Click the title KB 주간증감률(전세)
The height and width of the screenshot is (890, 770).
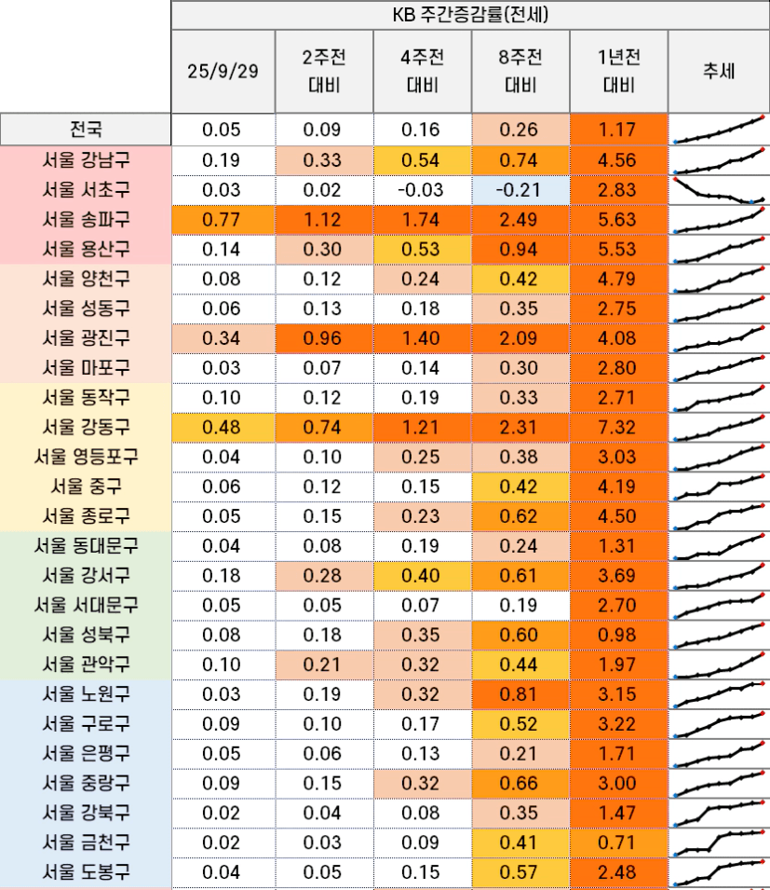click(x=470, y=15)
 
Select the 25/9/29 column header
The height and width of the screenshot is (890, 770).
click(x=223, y=72)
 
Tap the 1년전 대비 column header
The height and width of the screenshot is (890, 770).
click(x=616, y=72)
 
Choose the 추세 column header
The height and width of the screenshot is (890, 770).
click(x=719, y=72)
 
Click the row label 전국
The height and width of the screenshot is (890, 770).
click(x=86, y=130)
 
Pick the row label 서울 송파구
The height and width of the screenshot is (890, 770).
click(x=86, y=219)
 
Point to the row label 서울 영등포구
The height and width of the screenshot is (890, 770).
click(x=86, y=457)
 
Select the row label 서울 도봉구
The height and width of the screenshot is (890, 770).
click(x=86, y=872)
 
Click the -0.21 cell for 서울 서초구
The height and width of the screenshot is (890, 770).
click(x=518, y=189)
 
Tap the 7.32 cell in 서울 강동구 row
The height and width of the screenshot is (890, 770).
click(x=616, y=427)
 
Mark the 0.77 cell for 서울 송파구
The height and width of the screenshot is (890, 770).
click(x=223, y=219)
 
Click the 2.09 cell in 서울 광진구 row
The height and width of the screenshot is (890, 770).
click(x=518, y=337)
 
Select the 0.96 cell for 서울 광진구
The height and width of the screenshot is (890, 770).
click(x=323, y=337)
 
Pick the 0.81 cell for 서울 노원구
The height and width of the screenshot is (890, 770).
click(x=518, y=694)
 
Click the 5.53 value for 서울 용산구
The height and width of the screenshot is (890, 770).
click(x=616, y=249)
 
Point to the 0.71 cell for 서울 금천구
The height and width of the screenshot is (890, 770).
click(x=616, y=842)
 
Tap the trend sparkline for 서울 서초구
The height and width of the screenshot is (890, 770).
click(x=719, y=190)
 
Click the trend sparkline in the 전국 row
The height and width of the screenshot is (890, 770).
click(x=719, y=130)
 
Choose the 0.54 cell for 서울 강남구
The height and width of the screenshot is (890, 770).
click(x=421, y=159)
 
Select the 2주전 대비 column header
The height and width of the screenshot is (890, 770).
click(x=323, y=72)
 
